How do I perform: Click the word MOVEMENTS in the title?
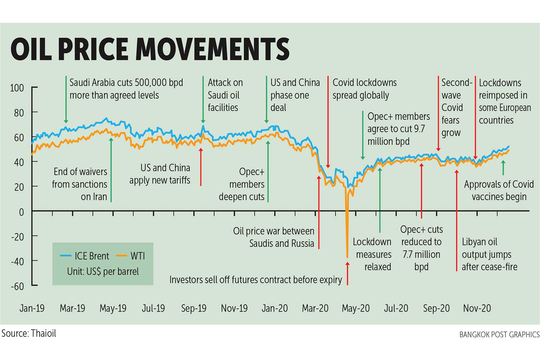(213, 49)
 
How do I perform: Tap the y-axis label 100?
(17, 88)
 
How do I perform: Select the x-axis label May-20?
(355, 309)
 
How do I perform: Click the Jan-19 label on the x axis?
(32, 309)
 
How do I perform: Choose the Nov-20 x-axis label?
(477, 309)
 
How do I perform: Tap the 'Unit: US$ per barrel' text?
(103, 271)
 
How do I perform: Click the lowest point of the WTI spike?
(347, 257)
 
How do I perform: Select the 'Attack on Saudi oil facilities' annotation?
(225, 95)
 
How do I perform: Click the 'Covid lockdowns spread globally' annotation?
(364, 89)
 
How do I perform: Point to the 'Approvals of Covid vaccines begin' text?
(499, 190)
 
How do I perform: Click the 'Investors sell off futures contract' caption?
(256, 280)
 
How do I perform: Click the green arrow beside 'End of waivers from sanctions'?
(111, 169)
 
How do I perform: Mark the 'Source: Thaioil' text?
(29, 333)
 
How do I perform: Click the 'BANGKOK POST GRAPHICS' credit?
(499, 335)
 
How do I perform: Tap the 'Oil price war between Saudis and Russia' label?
(274, 237)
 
